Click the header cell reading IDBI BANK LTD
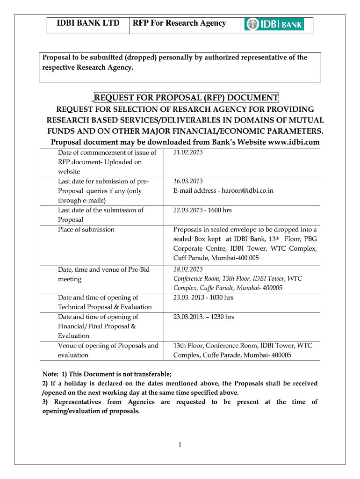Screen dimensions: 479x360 click(x=88, y=23)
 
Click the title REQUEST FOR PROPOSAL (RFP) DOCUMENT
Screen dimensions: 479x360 click(x=186, y=97)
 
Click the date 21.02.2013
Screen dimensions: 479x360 click(x=188, y=152)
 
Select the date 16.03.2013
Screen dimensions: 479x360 click(x=188, y=181)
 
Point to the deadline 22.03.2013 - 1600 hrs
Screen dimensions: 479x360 click(x=202, y=210)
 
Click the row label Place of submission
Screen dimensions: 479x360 click(x=86, y=229)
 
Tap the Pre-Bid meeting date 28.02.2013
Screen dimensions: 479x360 click(x=188, y=269)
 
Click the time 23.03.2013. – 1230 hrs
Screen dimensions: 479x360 click(x=204, y=317)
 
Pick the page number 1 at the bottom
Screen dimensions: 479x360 click(x=180, y=444)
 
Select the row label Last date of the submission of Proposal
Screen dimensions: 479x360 click(x=101, y=215)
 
